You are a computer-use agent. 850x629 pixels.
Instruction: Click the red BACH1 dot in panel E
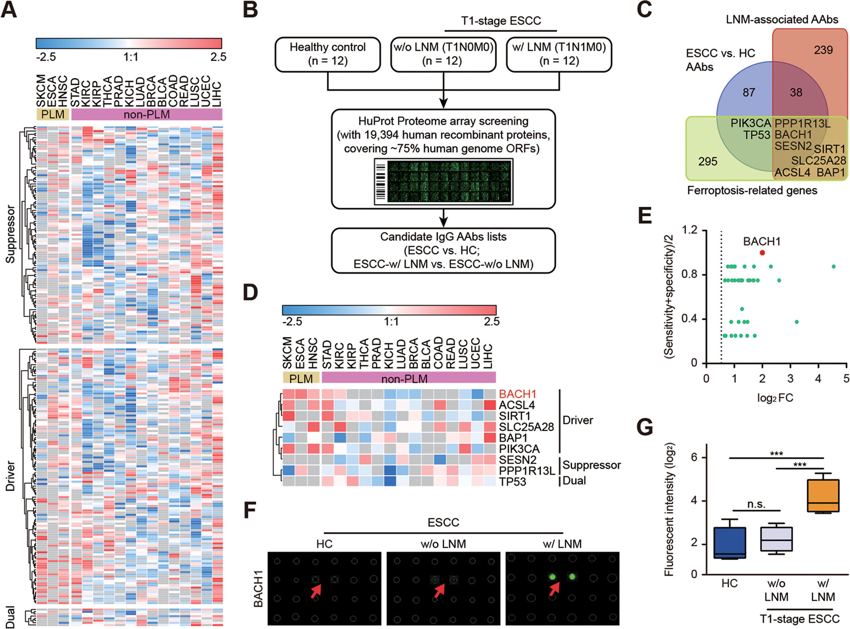tap(762, 253)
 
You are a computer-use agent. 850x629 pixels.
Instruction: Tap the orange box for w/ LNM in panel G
tap(823, 495)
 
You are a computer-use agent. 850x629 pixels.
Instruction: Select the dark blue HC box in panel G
tap(729, 543)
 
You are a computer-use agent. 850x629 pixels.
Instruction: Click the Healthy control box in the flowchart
tap(327, 54)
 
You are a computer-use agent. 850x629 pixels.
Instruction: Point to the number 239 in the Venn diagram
tap(823, 50)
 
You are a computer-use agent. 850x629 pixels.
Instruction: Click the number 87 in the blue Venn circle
tap(749, 92)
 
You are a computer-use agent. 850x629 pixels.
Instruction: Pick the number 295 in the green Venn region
tap(708, 162)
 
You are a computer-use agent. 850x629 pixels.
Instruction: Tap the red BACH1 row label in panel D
tap(517, 394)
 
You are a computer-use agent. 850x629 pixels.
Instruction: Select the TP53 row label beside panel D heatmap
tap(512, 482)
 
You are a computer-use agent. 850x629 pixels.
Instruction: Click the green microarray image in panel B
tap(443, 181)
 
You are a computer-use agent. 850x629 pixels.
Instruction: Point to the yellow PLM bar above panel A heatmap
tap(53, 114)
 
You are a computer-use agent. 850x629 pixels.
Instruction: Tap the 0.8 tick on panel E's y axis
tap(689, 274)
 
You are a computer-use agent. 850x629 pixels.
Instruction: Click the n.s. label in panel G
tap(756, 504)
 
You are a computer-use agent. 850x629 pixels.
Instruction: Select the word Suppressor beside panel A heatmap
tap(10, 234)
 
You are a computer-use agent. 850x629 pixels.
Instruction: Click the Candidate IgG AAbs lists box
tap(443, 250)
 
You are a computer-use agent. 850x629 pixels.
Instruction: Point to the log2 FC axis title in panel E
tap(775, 398)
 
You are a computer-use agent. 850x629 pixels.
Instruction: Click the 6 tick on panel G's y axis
tap(694, 457)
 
